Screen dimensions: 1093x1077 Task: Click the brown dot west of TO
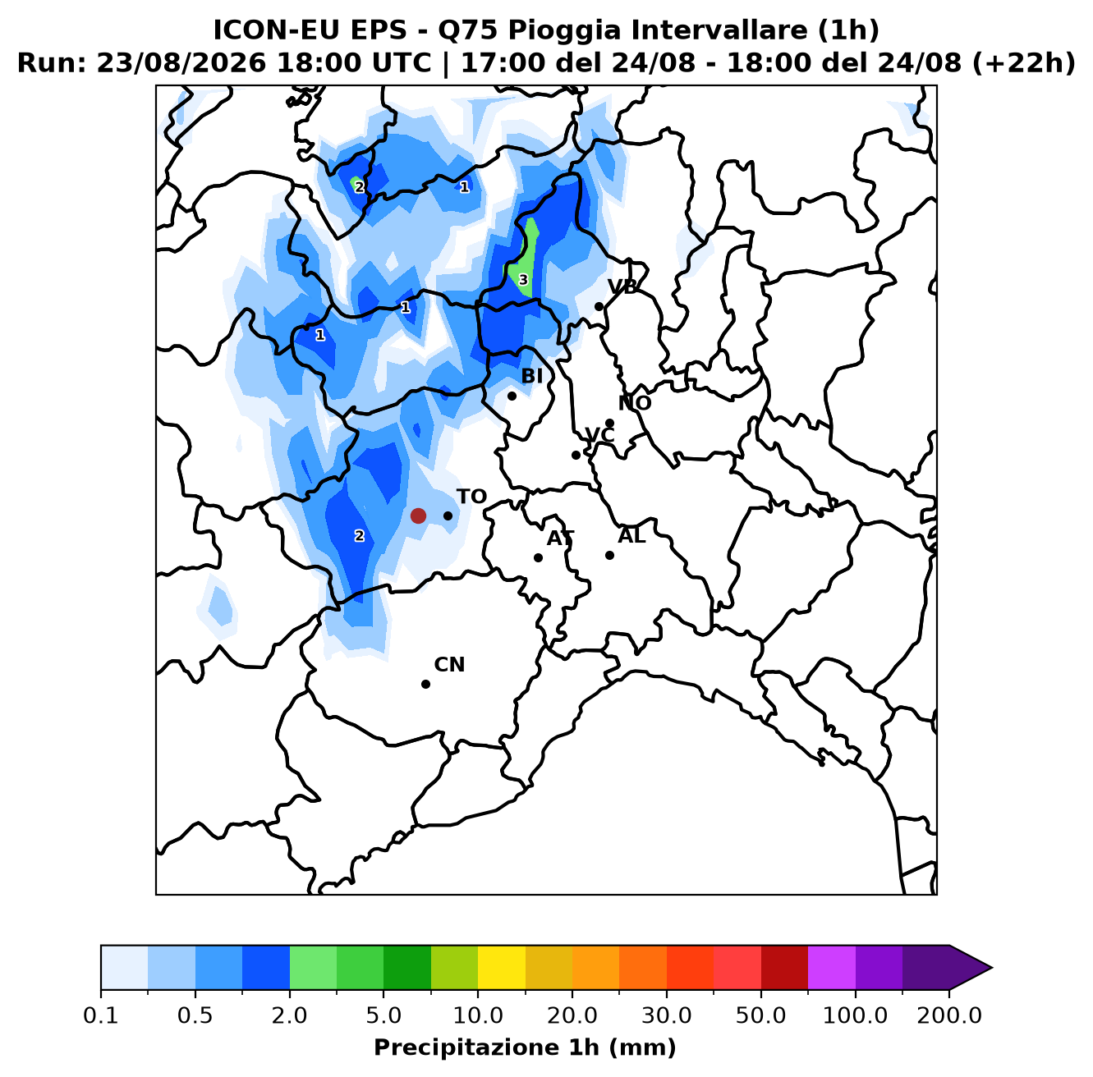(x=418, y=516)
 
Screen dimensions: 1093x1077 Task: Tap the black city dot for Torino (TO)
(x=448, y=516)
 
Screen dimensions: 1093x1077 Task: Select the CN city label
(x=449, y=664)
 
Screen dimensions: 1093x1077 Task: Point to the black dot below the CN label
(x=425, y=684)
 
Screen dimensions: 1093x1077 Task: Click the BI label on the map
(x=531, y=375)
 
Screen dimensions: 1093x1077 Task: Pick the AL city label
(x=631, y=535)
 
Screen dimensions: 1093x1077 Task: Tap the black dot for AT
(x=538, y=557)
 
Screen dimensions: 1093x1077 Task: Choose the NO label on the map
(x=634, y=403)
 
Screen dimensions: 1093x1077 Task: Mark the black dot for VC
(x=576, y=455)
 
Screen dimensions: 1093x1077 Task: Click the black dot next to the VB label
(x=599, y=306)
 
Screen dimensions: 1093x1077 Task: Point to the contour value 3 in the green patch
(x=523, y=280)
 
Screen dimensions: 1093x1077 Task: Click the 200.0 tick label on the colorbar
(x=949, y=1015)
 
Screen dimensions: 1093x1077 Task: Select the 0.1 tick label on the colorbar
(x=101, y=1015)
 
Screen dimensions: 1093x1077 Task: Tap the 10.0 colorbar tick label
(x=478, y=1015)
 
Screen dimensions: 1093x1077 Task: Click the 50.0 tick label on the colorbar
(x=760, y=1015)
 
